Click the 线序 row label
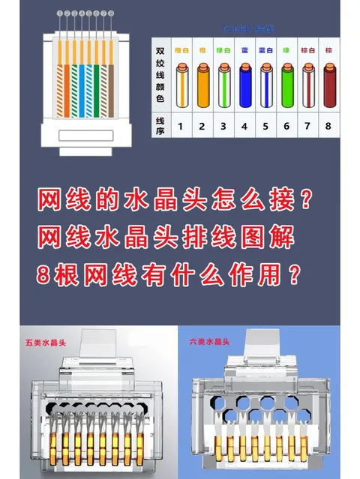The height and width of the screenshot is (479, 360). pyautogui.click(x=160, y=127)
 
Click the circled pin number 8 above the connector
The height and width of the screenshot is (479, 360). pyautogui.click(x=112, y=13)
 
